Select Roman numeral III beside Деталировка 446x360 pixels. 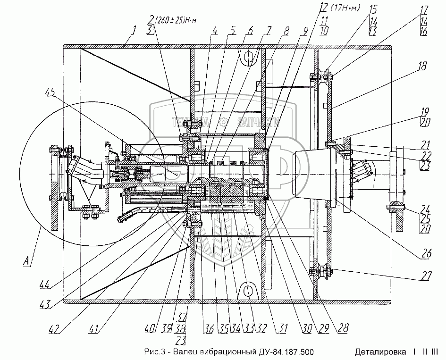[x=435, y=352]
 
